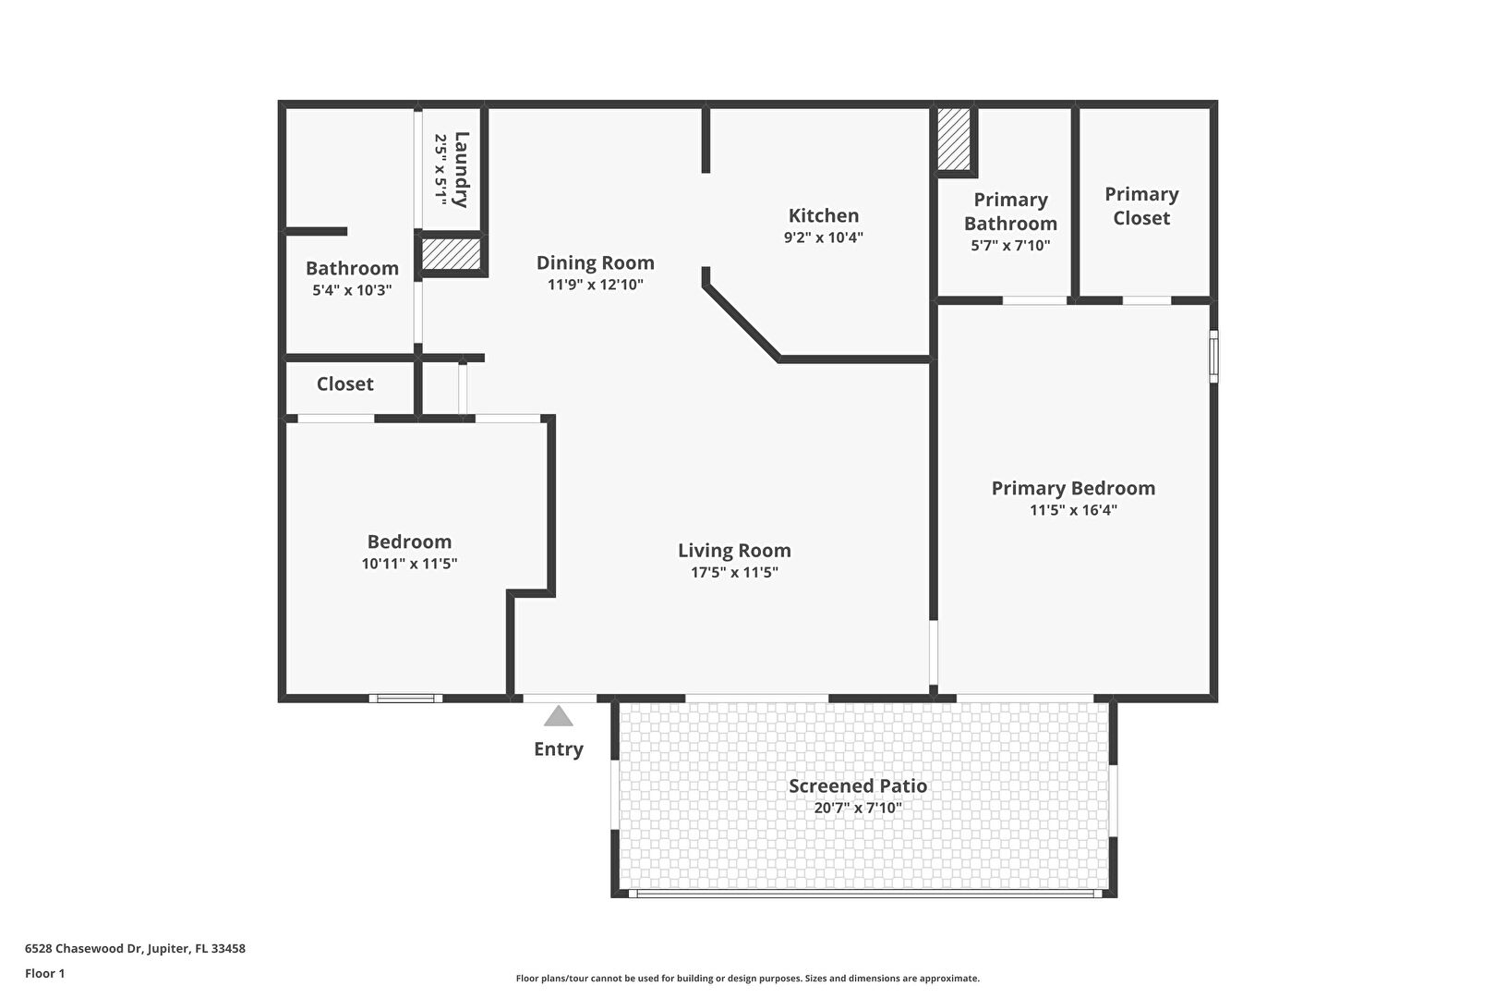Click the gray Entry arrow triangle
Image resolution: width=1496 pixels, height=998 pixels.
(559, 716)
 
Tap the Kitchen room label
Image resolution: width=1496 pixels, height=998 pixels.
(824, 215)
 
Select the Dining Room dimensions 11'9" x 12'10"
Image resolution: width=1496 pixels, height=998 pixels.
(595, 285)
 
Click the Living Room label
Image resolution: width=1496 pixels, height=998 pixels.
(735, 550)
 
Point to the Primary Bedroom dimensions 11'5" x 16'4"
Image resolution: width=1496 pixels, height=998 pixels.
(1073, 510)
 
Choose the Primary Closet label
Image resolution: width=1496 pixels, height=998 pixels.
(1141, 206)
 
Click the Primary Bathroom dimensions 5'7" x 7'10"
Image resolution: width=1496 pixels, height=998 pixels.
(1010, 245)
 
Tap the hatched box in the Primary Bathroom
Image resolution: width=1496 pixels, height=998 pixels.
(954, 139)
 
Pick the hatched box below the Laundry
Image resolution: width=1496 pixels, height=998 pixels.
(451, 254)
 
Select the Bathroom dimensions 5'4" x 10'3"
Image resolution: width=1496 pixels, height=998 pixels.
(352, 290)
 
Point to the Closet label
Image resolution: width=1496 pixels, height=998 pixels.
(344, 383)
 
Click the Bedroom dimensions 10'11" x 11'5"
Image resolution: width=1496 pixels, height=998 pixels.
(409, 564)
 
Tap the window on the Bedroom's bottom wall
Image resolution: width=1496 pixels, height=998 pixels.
(406, 699)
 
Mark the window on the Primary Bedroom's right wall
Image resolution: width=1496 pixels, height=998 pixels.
(1214, 357)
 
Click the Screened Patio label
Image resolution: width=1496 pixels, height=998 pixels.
(858, 786)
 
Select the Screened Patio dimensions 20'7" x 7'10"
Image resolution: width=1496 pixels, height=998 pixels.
(858, 809)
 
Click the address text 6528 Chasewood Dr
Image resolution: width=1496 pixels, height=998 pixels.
(83, 948)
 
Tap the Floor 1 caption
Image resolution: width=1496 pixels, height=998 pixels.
(44, 973)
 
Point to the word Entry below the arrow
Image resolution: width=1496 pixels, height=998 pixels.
(559, 749)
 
